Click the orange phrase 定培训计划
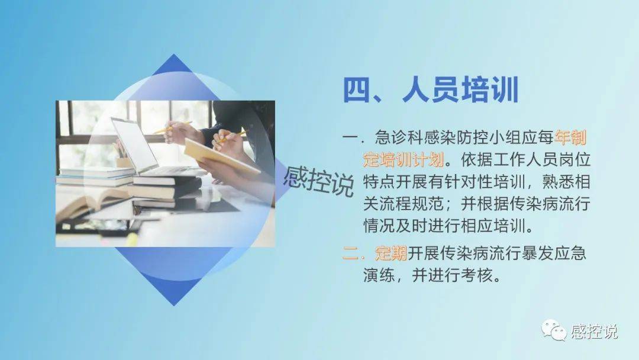404,159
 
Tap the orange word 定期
391,253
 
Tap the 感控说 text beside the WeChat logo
594,331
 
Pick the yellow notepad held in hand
221,157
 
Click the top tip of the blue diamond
174,54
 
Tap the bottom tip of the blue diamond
174,306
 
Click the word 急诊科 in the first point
399,138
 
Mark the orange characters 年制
570,138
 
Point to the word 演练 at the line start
379,275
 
